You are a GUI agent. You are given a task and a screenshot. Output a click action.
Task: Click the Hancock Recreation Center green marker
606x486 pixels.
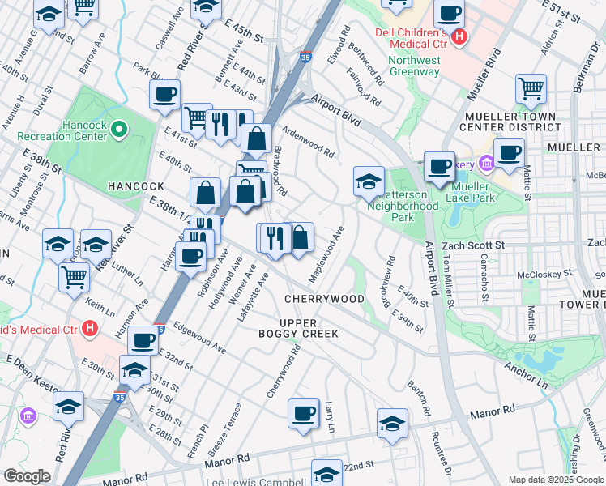(119, 129)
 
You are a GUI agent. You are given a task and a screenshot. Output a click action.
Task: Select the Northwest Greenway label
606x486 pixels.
(413, 66)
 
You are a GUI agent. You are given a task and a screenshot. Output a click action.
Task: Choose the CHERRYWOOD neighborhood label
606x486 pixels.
(324, 299)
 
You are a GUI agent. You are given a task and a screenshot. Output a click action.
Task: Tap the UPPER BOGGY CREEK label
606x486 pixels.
(297, 328)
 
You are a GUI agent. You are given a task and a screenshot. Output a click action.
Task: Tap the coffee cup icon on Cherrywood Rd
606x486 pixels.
(304, 413)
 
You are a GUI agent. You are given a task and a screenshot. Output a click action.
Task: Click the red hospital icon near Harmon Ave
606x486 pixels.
(91, 329)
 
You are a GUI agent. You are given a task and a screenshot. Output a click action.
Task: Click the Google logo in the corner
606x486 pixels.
(27, 476)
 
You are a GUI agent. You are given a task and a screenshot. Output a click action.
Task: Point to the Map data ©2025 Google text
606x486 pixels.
(556, 480)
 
